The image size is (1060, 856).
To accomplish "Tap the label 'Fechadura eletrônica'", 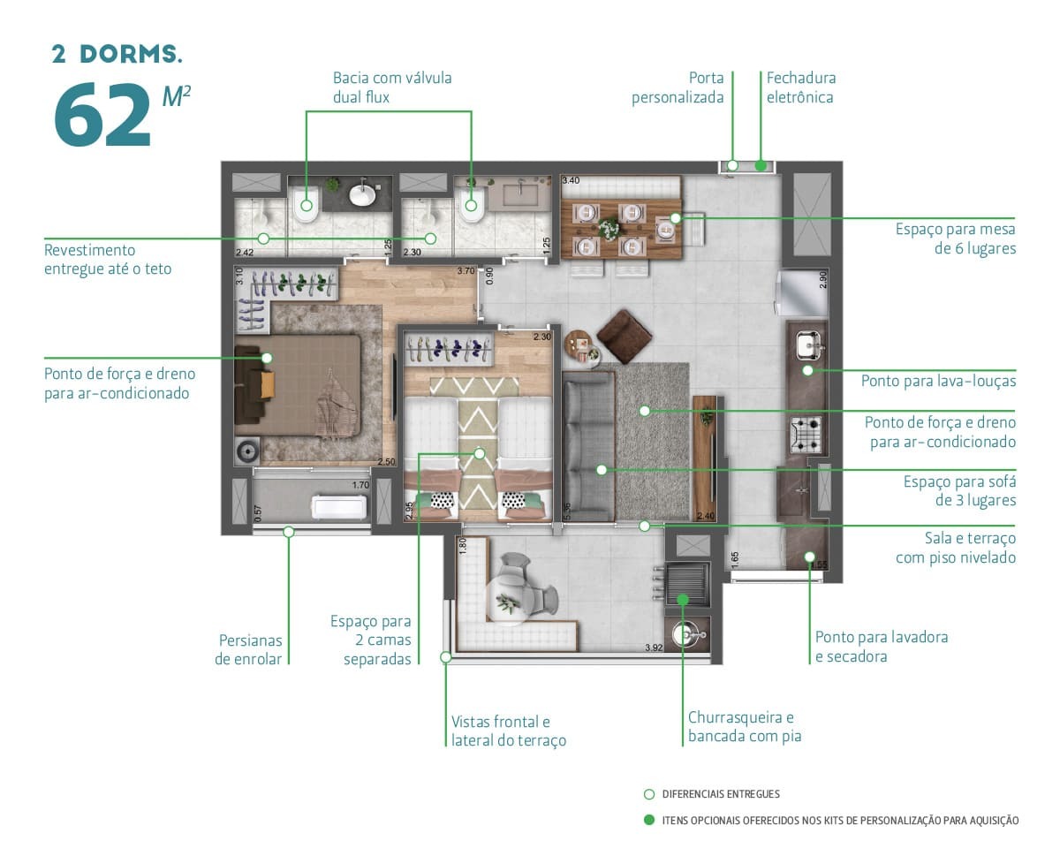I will pyautogui.click(x=800, y=87).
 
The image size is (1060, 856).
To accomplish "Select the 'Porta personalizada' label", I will pyautogui.click(x=678, y=87).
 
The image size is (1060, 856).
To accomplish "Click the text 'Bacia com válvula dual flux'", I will pyautogui.click(x=392, y=87).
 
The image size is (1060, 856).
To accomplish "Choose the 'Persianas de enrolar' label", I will pyautogui.click(x=250, y=649).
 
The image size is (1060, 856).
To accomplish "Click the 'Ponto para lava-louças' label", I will pyautogui.click(x=938, y=382).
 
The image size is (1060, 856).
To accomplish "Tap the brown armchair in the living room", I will pyautogui.click(x=625, y=336).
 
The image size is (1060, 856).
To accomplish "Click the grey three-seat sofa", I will pyautogui.click(x=587, y=446).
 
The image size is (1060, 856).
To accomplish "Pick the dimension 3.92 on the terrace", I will pyautogui.click(x=654, y=648).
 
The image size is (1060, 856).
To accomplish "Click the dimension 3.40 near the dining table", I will pyautogui.click(x=571, y=180).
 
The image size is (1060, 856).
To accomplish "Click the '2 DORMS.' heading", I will pyautogui.click(x=117, y=54).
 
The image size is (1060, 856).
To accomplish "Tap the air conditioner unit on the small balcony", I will pyautogui.click(x=338, y=508).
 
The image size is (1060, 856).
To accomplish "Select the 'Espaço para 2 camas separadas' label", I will pyautogui.click(x=377, y=640).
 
